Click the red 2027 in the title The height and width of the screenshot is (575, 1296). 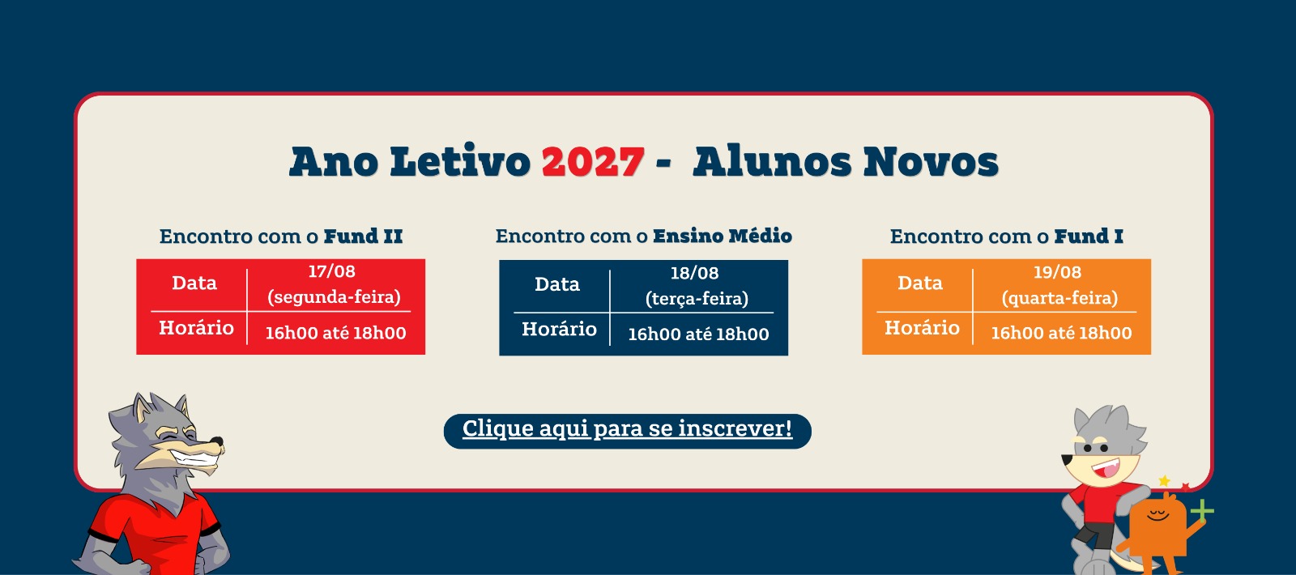coord(593,161)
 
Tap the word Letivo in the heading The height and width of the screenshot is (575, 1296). coord(460,161)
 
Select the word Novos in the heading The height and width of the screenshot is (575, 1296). coord(931,161)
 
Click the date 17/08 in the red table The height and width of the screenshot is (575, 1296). coord(331,271)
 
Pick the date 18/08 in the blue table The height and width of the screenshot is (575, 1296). coord(694,273)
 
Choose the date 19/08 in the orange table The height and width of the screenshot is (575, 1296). coord(1057,272)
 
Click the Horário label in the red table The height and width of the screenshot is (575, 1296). coord(196,328)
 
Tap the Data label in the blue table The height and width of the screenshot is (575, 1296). coord(556,284)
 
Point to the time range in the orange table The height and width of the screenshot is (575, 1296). coord(1061,333)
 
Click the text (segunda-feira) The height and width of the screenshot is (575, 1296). coord(334,297)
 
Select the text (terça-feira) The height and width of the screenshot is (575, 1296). coord(697,299)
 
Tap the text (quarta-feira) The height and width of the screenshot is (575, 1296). coord(1059,299)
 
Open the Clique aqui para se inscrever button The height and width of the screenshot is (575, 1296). coord(627,431)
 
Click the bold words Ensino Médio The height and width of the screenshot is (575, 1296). coord(722,236)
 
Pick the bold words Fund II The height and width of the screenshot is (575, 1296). coord(363,236)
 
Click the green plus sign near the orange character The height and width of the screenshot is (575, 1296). coord(1202,511)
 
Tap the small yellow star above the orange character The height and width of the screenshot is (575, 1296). coord(1164,481)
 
